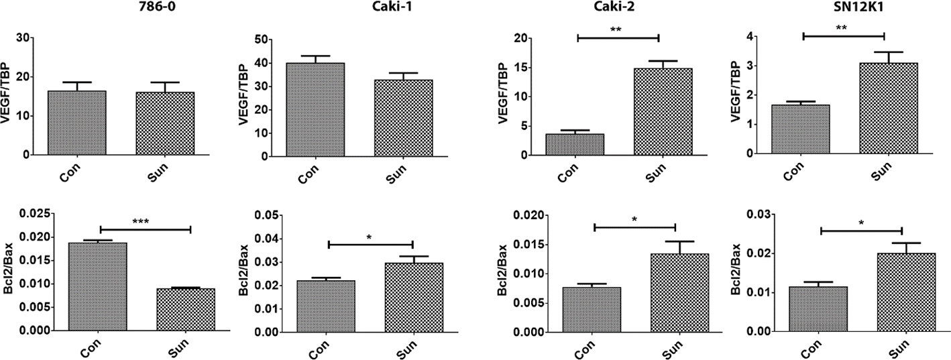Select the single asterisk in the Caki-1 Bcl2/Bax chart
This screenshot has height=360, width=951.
pyautogui.click(x=370, y=237)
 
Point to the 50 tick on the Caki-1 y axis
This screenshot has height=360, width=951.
pyautogui.click(x=254, y=40)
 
